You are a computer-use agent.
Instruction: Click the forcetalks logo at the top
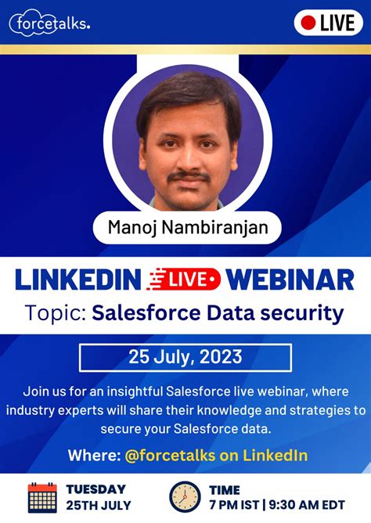click(x=50, y=23)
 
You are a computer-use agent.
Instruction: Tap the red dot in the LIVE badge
click(x=308, y=22)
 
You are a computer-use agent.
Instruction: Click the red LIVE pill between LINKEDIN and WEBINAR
click(x=185, y=279)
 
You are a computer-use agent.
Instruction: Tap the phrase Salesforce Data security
click(x=218, y=314)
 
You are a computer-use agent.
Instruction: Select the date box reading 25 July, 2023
click(x=185, y=357)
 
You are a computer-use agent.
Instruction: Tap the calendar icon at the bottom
click(x=42, y=497)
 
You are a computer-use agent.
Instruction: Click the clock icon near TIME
click(x=185, y=497)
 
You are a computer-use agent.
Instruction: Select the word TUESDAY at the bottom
click(x=96, y=489)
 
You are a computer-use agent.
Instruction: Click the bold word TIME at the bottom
click(x=225, y=490)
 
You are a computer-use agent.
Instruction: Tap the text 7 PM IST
click(x=236, y=506)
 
